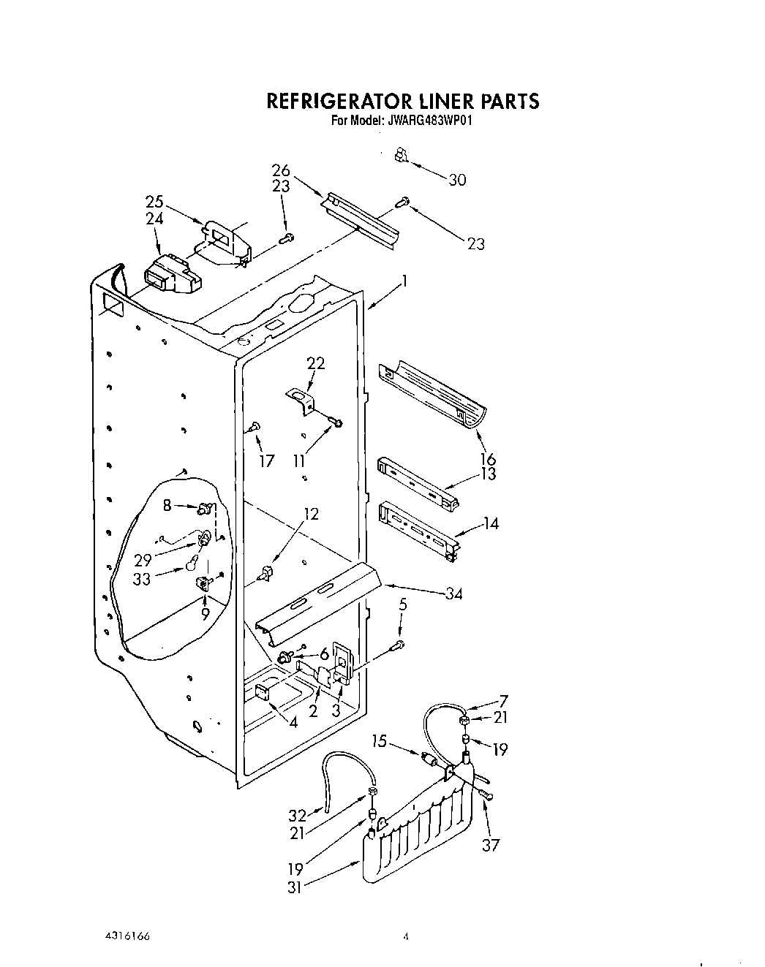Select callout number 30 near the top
click(x=457, y=180)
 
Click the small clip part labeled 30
click(x=400, y=155)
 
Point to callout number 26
click(x=281, y=171)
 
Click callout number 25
click(x=154, y=202)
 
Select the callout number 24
click(x=154, y=219)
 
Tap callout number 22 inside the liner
click(x=316, y=363)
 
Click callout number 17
click(x=266, y=460)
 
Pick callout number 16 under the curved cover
click(x=488, y=459)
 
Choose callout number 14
click(x=491, y=523)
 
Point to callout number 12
click(x=311, y=514)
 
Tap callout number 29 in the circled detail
click(x=143, y=560)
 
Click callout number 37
click(x=491, y=845)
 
